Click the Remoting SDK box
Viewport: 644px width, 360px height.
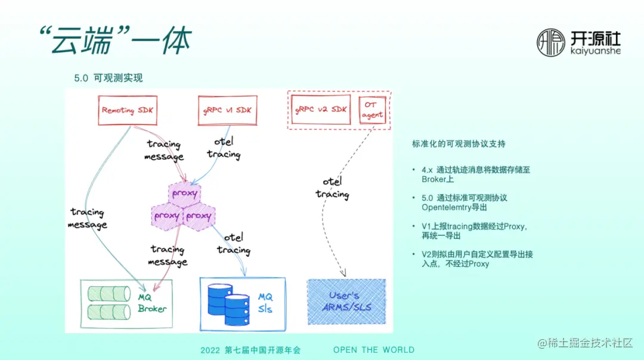coord(126,110)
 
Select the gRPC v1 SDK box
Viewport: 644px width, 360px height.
coord(227,110)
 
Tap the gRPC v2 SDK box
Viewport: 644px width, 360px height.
coord(321,110)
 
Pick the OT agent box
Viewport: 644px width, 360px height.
coord(373,110)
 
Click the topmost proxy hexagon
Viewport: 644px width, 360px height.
coord(184,194)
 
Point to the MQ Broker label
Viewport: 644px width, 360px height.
coord(151,303)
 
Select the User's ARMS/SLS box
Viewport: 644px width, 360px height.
coord(346,302)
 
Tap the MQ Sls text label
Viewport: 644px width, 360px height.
coord(265,303)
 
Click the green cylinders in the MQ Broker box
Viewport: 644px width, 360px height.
coord(109,302)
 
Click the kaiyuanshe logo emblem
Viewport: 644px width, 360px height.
coord(551,43)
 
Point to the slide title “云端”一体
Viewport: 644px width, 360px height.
coord(113,41)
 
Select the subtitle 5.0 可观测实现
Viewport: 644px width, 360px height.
coord(108,78)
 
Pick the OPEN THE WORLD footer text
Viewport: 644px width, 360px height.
coord(373,350)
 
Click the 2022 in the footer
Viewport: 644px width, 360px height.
coord(210,350)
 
